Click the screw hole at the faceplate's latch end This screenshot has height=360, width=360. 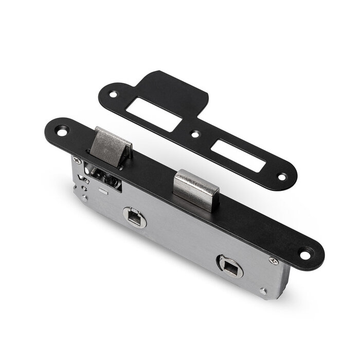[62, 131]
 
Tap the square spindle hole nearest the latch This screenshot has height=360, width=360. [135, 217]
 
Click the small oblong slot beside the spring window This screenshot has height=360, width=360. [103, 191]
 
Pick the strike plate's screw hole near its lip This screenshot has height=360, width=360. [113, 95]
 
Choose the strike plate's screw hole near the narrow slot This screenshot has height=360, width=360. [281, 176]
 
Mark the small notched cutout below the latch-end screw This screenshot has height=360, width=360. [81, 179]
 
